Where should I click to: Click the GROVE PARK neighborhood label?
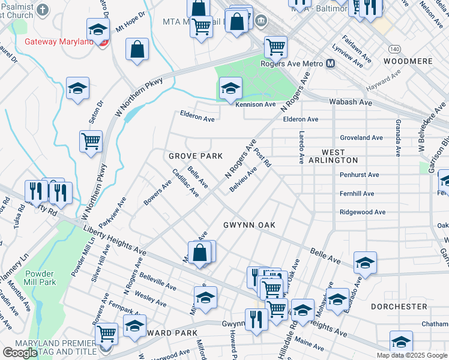tap(195, 156)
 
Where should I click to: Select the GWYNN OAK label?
tap(249, 225)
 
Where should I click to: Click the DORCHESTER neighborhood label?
tap(399, 307)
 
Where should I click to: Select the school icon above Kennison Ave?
tap(231, 89)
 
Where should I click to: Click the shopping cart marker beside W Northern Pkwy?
tap(91, 142)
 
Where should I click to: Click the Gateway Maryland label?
tap(59, 42)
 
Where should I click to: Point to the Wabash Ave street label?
tap(351, 103)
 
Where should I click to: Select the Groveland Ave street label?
tap(361, 137)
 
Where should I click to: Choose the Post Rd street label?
tap(262, 158)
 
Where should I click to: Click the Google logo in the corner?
tap(19, 352)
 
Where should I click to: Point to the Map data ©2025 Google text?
tap(411, 355)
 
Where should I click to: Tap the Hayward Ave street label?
tap(384, 83)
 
